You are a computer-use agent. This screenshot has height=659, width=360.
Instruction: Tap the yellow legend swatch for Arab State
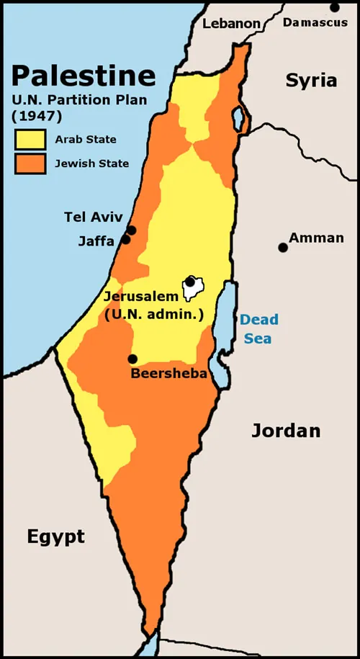tap(30, 139)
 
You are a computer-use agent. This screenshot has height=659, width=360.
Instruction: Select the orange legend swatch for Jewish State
tap(30, 163)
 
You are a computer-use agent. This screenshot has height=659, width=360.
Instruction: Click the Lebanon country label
tap(231, 23)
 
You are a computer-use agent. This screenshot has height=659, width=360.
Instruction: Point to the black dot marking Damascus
tap(335, 7)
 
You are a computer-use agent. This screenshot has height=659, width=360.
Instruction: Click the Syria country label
tap(311, 80)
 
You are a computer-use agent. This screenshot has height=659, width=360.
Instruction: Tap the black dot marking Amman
tap(283, 247)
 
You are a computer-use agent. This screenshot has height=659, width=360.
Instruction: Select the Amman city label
tap(316, 238)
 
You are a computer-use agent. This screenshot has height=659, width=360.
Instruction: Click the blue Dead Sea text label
tap(259, 328)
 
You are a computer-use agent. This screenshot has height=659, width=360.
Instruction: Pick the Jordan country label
tap(285, 431)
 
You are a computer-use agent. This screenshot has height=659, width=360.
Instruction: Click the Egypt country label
tap(55, 537)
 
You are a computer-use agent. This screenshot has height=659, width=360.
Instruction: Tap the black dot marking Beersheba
tap(132, 359)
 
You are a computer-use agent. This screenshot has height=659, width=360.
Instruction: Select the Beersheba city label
tap(168, 374)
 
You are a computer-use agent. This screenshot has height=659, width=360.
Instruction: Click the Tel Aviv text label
tap(94, 218)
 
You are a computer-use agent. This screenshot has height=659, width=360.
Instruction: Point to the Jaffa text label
tap(96, 241)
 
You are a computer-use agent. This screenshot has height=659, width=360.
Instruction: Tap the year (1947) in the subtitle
tap(35, 115)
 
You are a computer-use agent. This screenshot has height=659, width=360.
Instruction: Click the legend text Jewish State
tap(92, 163)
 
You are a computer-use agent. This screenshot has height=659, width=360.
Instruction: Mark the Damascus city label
tap(315, 23)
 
